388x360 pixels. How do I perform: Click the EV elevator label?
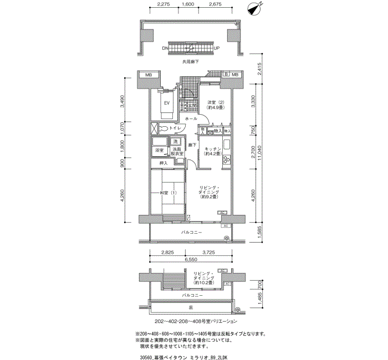point(165,102)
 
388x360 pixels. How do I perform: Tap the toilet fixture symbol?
point(163,128)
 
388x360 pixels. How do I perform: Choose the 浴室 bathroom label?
point(159,150)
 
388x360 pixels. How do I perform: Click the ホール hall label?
point(191,119)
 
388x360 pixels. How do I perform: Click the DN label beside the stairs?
point(165,48)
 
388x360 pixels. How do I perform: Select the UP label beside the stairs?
point(217,48)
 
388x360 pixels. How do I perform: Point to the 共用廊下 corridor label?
point(191,62)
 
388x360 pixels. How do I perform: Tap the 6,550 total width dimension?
point(191,259)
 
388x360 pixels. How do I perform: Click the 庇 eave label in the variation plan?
point(191,306)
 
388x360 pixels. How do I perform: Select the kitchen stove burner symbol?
point(227,161)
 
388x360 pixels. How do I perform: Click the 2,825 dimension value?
point(167,252)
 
